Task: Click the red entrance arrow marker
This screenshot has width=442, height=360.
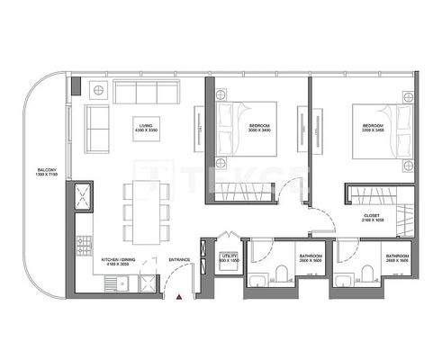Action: (180, 295)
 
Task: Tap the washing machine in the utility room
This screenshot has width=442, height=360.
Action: (230, 279)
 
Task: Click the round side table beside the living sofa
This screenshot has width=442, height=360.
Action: (95, 91)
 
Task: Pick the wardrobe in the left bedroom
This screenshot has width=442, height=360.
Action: (242, 191)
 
